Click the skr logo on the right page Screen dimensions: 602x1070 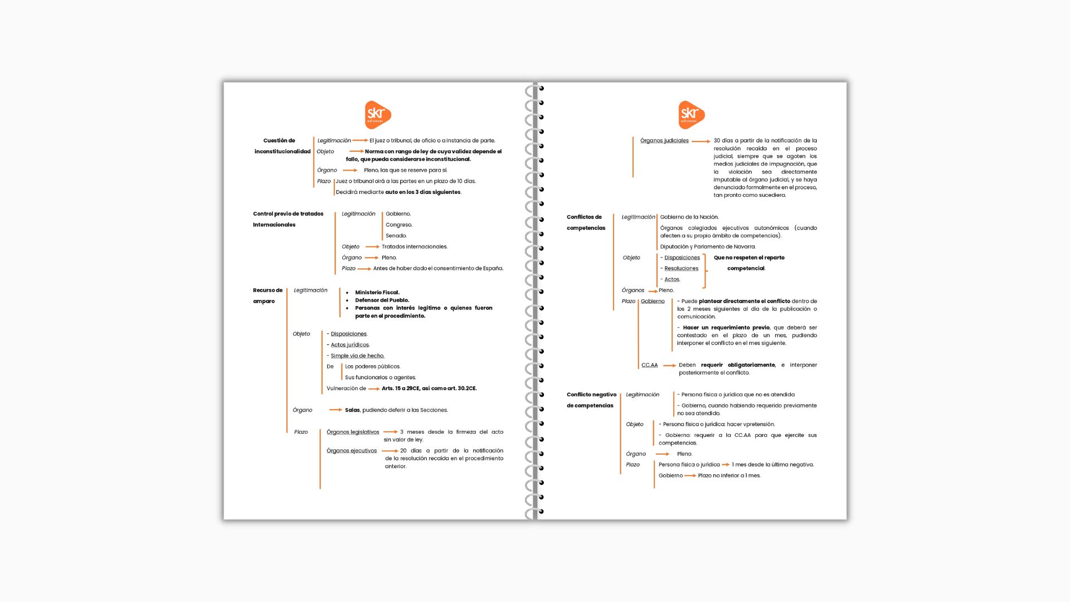[x=691, y=115]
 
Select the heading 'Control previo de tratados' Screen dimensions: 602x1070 [x=288, y=214]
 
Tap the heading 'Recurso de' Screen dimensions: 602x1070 [x=267, y=290]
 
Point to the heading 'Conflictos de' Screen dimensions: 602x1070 [x=584, y=217]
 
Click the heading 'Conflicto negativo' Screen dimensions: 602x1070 [x=591, y=395]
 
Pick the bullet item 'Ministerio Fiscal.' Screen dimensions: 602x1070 [x=377, y=293]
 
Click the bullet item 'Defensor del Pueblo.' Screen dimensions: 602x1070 [x=382, y=300]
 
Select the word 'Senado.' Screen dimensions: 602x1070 [x=396, y=236]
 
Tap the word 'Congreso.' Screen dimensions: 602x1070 [x=398, y=225]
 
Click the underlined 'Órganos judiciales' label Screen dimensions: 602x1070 [x=664, y=141]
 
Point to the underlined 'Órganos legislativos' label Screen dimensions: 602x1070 [x=353, y=432]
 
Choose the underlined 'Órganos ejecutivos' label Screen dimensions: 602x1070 [x=352, y=451]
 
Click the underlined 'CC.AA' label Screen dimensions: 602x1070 [x=649, y=365]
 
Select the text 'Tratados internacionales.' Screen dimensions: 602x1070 [x=414, y=247]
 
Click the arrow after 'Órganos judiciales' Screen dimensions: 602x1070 [x=701, y=142]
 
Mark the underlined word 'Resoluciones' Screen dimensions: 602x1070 [x=681, y=269]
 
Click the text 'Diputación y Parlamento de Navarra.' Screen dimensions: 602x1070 [x=708, y=247]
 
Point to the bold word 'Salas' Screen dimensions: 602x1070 [x=352, y=410]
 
